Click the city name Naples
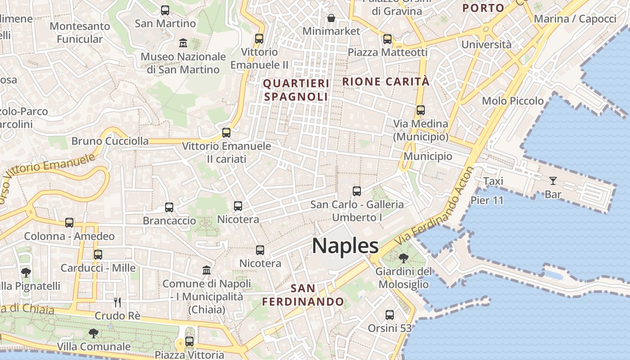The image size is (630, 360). (345, 246)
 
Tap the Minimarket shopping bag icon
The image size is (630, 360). (331, 18)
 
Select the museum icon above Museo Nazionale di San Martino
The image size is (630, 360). (183, 43)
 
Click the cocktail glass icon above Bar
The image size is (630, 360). (553, 181)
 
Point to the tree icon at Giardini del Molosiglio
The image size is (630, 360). (403, 258)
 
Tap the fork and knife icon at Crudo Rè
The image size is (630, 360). (117, 302)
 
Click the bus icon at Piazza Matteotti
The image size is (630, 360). (387, 39)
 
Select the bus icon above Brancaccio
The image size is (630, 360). (169, 207)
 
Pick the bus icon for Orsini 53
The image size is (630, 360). (390, 315)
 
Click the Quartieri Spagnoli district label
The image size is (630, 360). (296, 90)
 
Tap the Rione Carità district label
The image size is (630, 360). (386, 82)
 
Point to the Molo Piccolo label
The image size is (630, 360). (513, 101)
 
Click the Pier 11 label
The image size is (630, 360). (487, 200)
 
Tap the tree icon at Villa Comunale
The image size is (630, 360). (94, 333)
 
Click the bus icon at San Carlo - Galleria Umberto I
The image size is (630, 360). (357, 191)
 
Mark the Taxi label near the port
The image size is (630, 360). (493, 181)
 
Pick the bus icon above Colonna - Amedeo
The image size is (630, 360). (69, 223)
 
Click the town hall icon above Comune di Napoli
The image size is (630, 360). (207, 270)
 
